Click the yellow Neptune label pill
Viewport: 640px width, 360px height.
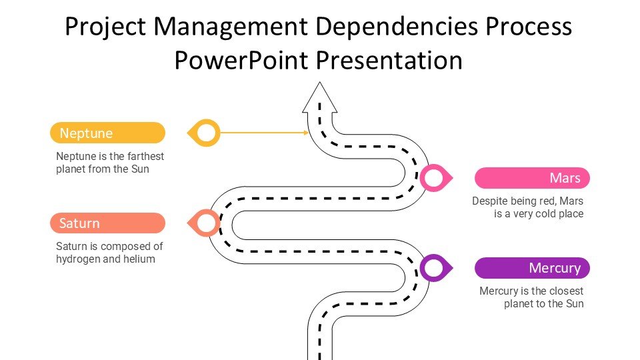pos(107,133)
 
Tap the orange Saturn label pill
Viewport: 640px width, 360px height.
pos(107,223)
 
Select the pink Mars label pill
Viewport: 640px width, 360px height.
pos(532,178)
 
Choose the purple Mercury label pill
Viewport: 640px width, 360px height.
pos(532,268)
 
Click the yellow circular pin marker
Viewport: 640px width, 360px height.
pos(207,133)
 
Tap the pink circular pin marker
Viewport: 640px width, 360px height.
pos(433,178)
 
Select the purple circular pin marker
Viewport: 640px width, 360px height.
pos(433,268)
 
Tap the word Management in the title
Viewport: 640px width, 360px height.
pos(231,27)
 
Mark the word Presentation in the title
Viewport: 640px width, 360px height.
pos(389,60)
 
